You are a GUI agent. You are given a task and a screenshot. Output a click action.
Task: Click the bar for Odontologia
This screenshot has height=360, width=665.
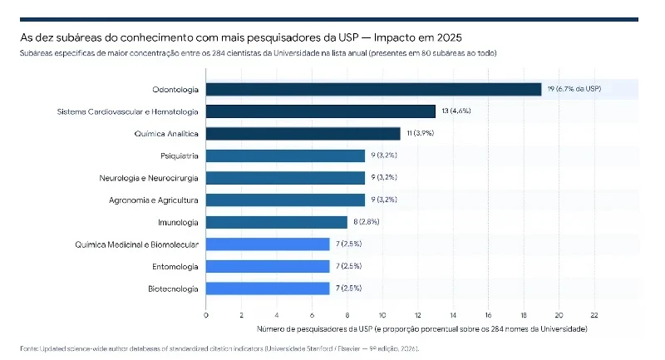point(373,90)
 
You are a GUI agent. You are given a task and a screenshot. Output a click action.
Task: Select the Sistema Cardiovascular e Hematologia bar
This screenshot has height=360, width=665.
point(321,111)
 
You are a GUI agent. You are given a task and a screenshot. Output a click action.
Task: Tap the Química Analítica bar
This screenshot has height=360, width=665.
point(303,134)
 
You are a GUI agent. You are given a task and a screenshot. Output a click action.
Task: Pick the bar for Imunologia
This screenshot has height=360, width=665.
point(277,222)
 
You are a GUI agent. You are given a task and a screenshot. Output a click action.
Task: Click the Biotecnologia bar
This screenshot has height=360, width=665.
point(268,288)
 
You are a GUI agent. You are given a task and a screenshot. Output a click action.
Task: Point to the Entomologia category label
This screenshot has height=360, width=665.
point(175,267)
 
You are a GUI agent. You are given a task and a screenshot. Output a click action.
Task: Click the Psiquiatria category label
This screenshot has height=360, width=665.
point(180,156)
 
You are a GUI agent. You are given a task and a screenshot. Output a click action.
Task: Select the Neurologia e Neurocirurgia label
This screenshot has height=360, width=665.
point(149,178)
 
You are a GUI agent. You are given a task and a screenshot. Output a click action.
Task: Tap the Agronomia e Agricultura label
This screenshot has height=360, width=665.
point(154,200)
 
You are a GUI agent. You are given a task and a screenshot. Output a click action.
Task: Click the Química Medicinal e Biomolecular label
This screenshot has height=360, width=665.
point(136,244)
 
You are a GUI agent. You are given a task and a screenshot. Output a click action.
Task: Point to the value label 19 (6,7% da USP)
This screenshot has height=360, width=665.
point(574,89)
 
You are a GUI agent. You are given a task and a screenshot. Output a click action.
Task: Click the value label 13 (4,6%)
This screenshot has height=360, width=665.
point(456,111)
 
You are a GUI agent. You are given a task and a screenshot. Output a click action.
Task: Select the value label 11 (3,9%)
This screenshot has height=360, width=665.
point(421,133)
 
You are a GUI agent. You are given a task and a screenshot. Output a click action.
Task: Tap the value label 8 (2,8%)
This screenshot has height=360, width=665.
point(367,222)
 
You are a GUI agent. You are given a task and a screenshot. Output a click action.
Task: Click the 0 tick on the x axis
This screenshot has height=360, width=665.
point(206,315)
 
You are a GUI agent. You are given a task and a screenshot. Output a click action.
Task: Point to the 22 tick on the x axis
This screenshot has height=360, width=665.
point(594,315)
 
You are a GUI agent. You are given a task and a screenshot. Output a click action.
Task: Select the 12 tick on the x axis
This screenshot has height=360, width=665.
point(418,315)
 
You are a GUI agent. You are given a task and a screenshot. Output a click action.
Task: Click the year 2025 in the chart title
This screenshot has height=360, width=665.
point(449,37)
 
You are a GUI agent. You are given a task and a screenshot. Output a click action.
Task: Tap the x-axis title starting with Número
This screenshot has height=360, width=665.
point(422,329)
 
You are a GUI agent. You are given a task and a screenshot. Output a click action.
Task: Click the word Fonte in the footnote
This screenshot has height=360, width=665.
point(28,349)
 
